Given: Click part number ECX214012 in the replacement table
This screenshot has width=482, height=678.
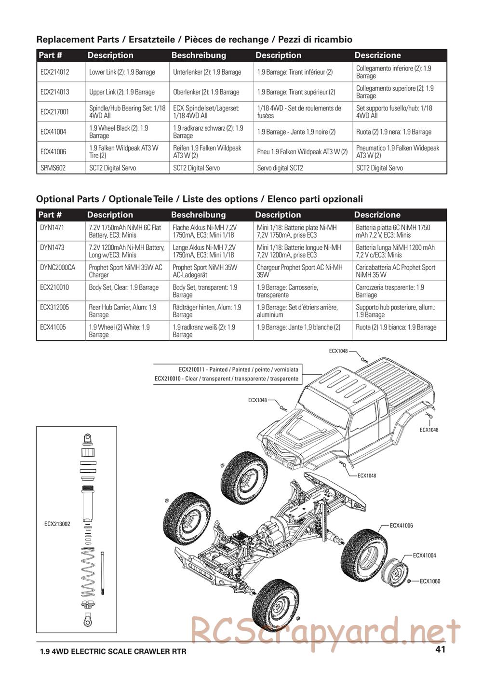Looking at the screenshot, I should tap(55, 72).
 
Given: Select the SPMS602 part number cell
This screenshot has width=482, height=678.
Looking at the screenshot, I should tap(53, 168).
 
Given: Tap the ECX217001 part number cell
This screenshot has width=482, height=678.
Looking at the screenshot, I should tap(55, 112).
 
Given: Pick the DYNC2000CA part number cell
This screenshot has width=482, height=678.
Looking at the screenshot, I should tap(58, 268).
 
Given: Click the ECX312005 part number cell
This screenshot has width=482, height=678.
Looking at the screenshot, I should tap(54, 307).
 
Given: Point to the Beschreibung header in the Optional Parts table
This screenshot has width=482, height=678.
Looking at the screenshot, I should tap(198, 215).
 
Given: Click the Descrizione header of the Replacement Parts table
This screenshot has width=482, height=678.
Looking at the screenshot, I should tap(377, 55).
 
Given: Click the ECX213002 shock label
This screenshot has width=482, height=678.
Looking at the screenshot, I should tap(57, 524).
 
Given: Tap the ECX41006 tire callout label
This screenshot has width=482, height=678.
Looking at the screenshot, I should tap(401, 526).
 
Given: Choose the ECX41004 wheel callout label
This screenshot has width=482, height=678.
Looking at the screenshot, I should tap(424, 556).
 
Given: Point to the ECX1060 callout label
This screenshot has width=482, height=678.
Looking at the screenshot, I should tap(430, 582).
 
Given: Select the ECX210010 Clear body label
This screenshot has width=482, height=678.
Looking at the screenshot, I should tap(227, 379).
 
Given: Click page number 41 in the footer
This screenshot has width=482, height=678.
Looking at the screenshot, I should tap(440, 650).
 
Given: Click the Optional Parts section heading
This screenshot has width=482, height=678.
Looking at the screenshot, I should tap(199, 199).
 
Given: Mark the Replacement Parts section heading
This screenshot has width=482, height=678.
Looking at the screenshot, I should tap(194, 40).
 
